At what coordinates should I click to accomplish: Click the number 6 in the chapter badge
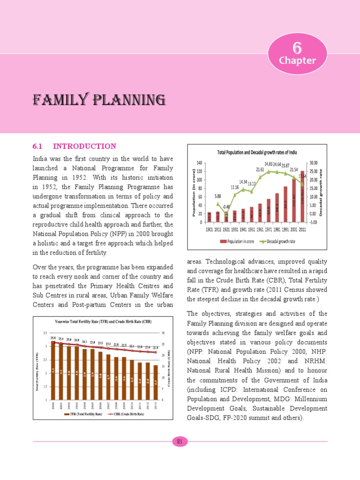[x=296, y=48]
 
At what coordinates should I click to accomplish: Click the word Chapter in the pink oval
[x=297, y=60]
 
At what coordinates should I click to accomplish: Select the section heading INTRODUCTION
[x=84, y=146]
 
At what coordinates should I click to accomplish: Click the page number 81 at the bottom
[x=180, y=441]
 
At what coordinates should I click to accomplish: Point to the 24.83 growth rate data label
[x=271, y=164]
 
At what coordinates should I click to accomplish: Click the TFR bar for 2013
[x=155, y=382]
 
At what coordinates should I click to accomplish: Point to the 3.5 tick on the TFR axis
[x=45, y=333]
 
